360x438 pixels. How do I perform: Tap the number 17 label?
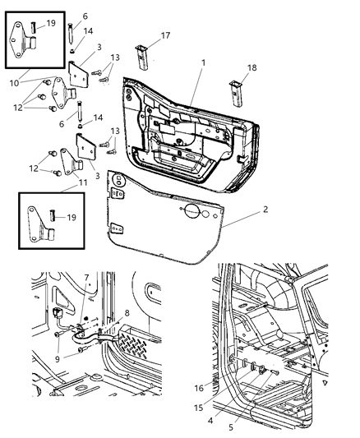click(x=165, y=35)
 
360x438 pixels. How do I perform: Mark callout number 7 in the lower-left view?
click(x=87, y=277)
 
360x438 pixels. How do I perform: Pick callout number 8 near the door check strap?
click(x=127, y=312)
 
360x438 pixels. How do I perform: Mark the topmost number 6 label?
click(x=85, y=16)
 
